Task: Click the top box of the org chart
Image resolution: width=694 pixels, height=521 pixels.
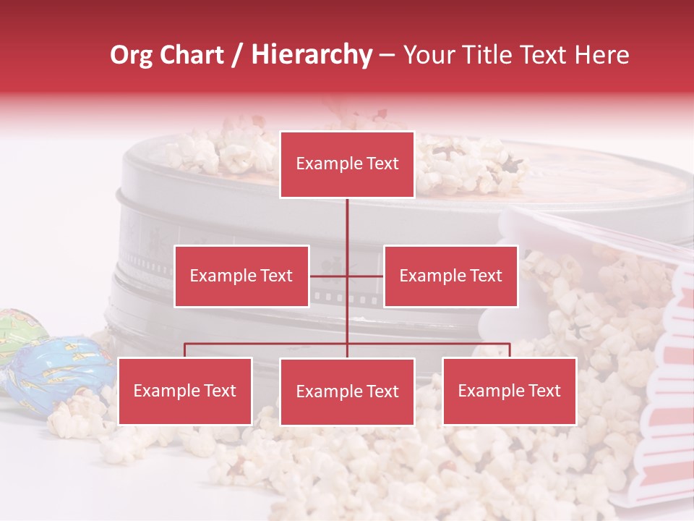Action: [347, 164]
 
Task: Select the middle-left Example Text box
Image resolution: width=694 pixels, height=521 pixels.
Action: [241, 276]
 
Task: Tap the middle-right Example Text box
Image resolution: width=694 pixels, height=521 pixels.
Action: [450, 276]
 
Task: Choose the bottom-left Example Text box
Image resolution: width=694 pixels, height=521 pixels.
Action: [185, 391]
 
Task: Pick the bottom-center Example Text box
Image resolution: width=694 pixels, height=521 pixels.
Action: [347, 391]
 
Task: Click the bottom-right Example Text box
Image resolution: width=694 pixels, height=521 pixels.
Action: [509, 391]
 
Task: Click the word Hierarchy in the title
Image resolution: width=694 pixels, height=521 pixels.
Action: [312, 55]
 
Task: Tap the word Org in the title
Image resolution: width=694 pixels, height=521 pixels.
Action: [131, 55]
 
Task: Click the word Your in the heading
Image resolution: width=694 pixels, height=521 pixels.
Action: [427, 55]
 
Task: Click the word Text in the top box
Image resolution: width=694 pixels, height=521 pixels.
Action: [382, 164]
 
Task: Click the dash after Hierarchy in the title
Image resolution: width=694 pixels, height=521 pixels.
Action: [387, 55]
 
